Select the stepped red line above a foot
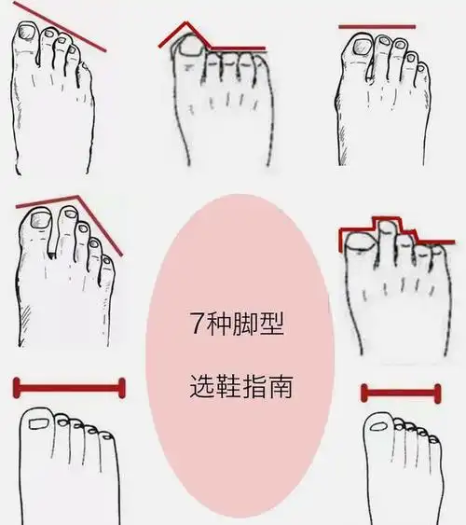coord(390,227)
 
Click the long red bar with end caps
coord(68,386)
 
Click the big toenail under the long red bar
coord(40,423)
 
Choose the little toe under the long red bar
coord(105,435)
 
